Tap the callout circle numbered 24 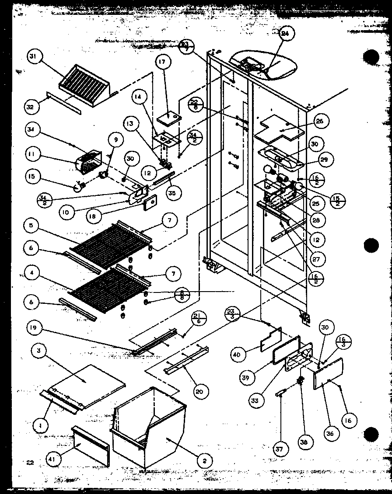(287, 35)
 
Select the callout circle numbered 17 (162, 63)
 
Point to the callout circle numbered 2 (204, 460)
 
